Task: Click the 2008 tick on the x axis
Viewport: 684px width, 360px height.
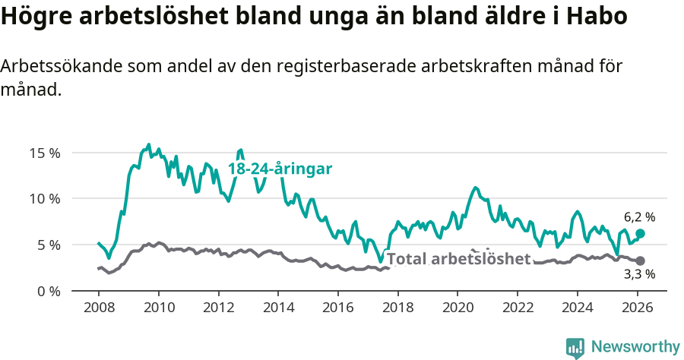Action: point(99,308)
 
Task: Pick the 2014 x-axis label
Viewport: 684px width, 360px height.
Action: point(278,308)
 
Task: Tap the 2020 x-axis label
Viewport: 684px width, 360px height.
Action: point(458,308)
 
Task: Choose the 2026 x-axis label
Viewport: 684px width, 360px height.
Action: point(637,308)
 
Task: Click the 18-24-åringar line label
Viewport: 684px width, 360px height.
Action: point(280,169)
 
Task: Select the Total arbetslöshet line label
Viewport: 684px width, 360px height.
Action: point(458,259)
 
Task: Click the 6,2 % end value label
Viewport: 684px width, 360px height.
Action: point(639,216)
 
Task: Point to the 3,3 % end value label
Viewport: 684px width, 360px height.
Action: point(639,274)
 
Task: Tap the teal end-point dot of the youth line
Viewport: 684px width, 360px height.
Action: point(640,233)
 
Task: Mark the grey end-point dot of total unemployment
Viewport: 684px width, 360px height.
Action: point(640,261)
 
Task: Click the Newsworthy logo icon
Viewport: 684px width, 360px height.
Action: point(575,347)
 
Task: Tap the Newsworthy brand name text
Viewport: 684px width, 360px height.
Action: point(635,347)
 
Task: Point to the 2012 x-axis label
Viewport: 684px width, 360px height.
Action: point(218,308)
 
